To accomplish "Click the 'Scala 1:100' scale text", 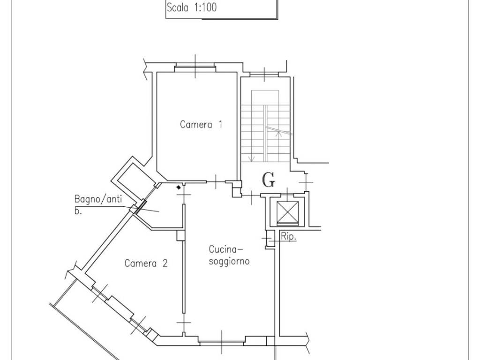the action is point(192,7).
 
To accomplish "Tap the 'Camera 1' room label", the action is point(201,125).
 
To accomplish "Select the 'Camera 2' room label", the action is point(146,263).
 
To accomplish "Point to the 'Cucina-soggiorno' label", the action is point(229,255).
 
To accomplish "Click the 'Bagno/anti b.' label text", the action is point(98,204).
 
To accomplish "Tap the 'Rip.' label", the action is point(288,237).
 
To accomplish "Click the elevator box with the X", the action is point(287,212).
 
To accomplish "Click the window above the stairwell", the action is point(264,74).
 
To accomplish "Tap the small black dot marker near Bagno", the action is point(179,187).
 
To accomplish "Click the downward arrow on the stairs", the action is point(252,158).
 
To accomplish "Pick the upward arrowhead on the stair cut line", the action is point(278,132).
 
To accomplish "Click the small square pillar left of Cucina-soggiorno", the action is point(181,235).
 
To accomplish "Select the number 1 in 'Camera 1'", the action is point(220,124).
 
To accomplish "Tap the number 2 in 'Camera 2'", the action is point(165,263).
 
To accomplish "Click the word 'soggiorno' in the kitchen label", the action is point(229,261).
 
